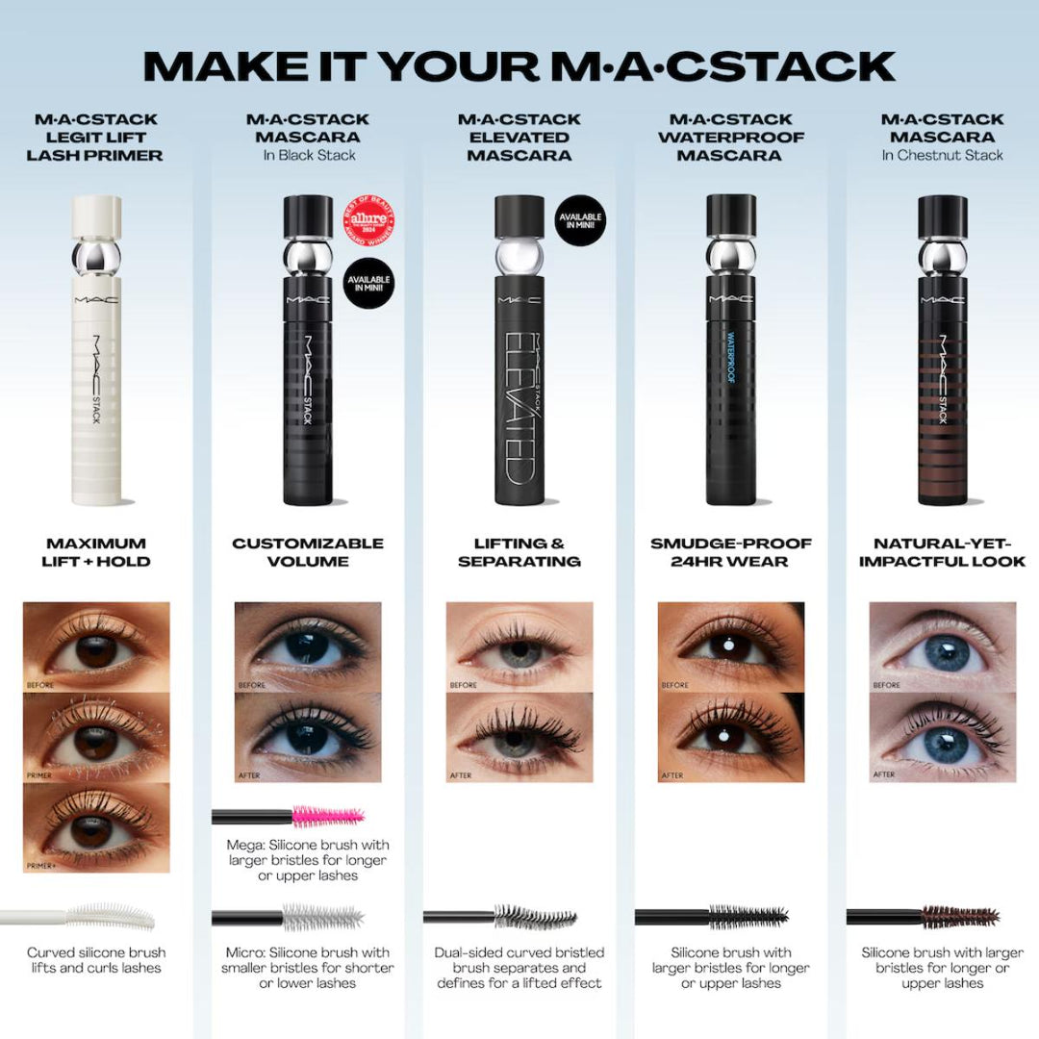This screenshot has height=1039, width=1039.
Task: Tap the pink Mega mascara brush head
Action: (328, 817)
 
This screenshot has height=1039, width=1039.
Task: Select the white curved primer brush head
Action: (111, 915)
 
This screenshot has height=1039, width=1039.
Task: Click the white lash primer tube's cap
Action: (96, 217)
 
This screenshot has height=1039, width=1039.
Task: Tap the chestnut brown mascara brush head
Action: (959, 916)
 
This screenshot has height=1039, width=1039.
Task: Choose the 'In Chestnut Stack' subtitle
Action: (942, 155)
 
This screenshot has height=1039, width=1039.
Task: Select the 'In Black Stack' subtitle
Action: (308, 155)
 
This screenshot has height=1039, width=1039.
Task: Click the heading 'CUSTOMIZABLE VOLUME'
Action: (308, 552)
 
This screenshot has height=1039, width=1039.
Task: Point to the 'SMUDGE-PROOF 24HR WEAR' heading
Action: (731, 552)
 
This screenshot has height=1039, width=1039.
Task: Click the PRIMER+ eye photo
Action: (96, 828)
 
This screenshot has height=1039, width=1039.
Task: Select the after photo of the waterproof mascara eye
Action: (731, 737)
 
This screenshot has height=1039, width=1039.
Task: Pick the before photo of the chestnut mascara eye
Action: (942, 646)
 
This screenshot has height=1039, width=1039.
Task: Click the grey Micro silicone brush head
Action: (323, 917)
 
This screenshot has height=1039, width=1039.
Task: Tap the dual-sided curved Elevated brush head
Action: (535, 917)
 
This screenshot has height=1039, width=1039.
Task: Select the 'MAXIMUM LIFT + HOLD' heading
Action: (96, 552)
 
